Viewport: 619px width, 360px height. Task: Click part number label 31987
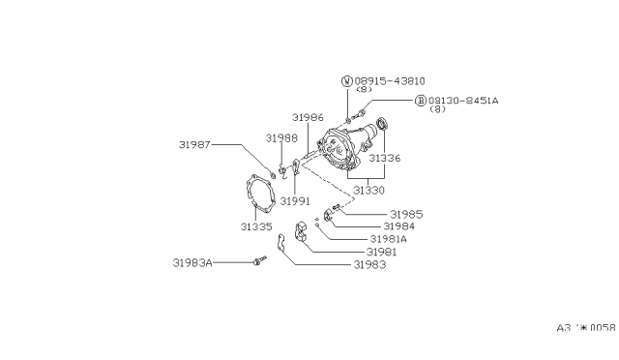coord(194,144)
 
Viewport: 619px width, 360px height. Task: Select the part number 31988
coord(281,138)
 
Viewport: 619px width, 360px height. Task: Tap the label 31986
coord(308,117)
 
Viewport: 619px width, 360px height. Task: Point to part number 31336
coord(385,158)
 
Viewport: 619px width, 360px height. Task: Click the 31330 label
coord(368,191)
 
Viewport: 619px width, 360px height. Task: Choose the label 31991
coord(295,201)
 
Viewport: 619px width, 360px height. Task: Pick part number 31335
coord(256,226)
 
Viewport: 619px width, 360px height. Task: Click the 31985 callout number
coord(406,215)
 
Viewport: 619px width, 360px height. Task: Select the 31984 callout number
coord(399,226)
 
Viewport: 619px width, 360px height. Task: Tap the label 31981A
coord(389,239)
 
